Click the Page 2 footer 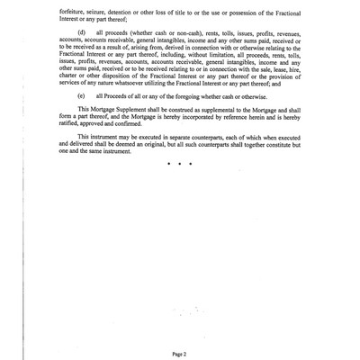pos(179,331)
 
